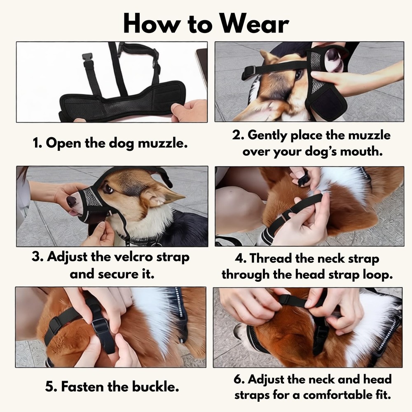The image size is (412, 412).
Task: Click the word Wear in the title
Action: [254, 23]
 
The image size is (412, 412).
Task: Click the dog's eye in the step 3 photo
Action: [108, 188]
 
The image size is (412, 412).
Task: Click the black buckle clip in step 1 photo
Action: [87, 58]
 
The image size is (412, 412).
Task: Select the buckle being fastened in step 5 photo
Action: [101, 325]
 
